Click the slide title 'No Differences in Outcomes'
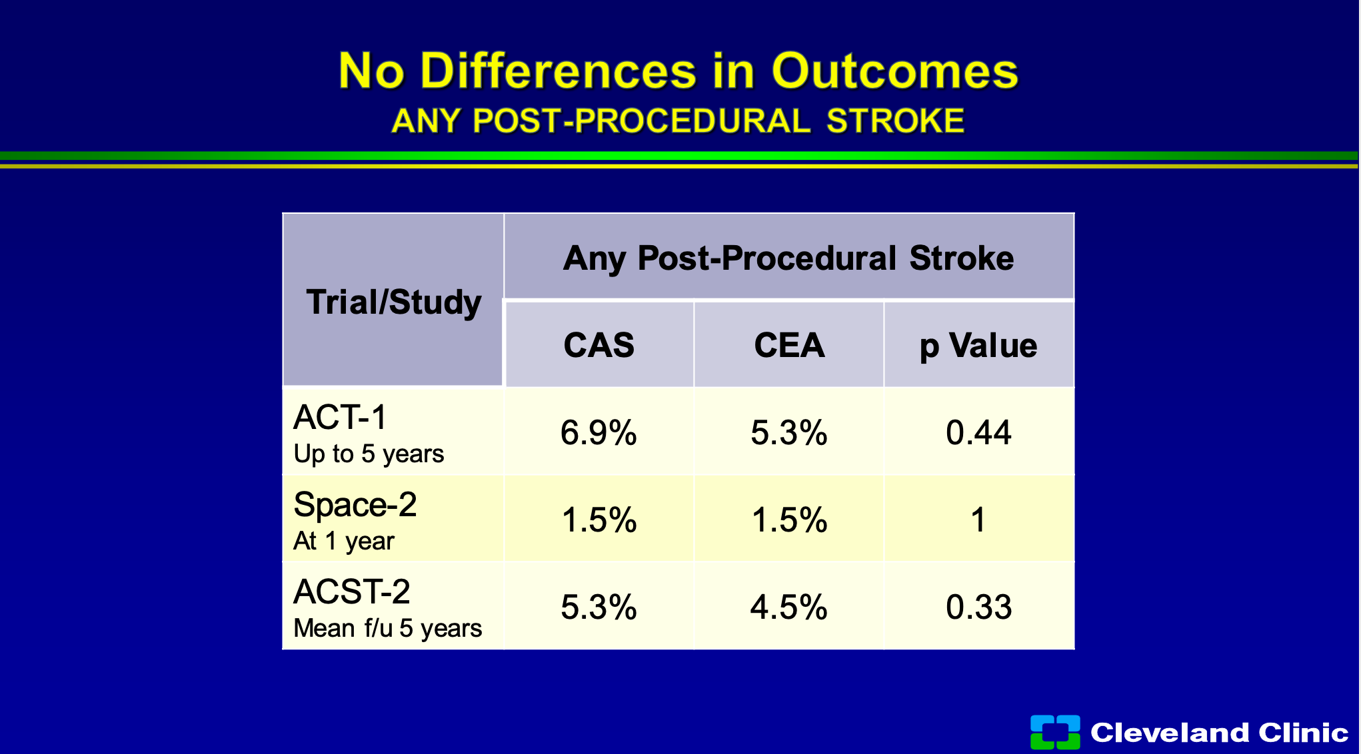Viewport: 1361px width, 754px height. [x=679, y=71]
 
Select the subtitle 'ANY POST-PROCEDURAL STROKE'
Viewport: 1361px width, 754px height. [x=678, y=121]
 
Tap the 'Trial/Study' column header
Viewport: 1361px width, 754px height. [x=394, y=302]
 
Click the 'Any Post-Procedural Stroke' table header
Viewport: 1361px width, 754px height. [x=788, y=258]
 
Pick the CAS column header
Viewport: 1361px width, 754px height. [x=599, y=345]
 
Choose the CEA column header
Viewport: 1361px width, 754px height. [x=789, y=345]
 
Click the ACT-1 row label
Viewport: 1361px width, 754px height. [x=340, y=418]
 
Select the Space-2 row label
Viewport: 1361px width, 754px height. [x=355, y=504]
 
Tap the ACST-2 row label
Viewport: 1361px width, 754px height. [x=352, y=591]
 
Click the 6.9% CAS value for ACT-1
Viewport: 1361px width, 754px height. [x=599, y=433]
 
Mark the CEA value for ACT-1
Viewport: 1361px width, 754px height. [x=789, y=433]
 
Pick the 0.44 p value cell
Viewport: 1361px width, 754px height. [x=978, y=433]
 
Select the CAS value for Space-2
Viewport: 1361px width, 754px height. [x=599, y=520]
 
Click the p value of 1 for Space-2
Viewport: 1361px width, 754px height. [x=978, y=520]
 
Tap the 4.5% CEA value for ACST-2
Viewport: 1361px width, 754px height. [x=789, y=607]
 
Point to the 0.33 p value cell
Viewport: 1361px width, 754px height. [x=978, y=607]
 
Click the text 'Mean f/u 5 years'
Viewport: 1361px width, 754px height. [x=388, y=628]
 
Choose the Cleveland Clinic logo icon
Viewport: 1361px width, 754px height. [x=1055, y=732]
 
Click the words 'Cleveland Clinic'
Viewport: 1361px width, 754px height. [x=1220, y=733]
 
